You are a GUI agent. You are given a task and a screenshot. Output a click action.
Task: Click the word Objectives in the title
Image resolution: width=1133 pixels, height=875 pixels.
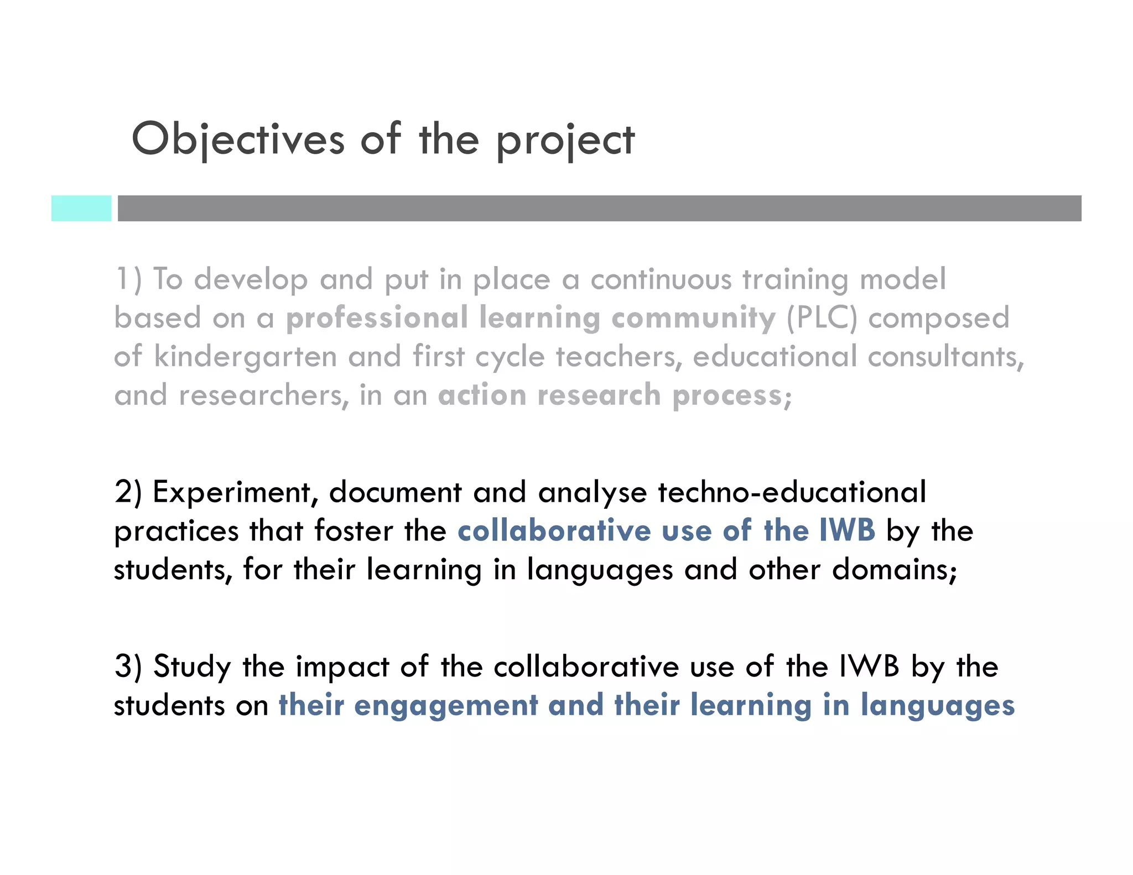[238, 139]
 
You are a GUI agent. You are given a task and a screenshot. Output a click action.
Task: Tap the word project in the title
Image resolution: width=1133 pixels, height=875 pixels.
[565, 141]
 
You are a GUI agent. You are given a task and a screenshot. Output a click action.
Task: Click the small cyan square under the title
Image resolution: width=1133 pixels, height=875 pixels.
[81, 209]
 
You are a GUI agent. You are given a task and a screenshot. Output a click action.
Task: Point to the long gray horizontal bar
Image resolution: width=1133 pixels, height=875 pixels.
[599, 209]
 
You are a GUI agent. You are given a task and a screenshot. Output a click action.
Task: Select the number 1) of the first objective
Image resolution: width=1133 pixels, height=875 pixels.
[128, 279]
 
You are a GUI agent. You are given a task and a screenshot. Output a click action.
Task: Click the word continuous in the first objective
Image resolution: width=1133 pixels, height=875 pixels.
[661, 279]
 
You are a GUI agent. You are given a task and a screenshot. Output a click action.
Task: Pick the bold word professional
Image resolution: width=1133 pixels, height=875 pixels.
[377, 318]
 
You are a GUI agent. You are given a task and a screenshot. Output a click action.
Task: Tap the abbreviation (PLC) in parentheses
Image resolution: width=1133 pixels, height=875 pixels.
[821, 318]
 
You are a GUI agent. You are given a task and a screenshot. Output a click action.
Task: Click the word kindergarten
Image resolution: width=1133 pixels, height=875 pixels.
[245, 357]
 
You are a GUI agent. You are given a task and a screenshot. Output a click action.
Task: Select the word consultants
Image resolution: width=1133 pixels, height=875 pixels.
[945, 357]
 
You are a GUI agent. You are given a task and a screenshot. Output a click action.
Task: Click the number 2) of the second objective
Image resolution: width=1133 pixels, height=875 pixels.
[128, 492]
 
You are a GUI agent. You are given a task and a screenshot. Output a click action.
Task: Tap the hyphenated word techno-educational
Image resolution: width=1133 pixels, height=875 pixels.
[792, 492]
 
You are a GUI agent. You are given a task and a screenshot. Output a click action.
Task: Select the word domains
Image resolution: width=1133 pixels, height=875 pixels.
[894, 570]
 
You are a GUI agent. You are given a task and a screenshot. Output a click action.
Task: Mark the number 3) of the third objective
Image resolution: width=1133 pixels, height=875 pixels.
[128, 666]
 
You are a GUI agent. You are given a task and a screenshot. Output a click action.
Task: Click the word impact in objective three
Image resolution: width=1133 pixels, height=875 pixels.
[342, 667]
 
